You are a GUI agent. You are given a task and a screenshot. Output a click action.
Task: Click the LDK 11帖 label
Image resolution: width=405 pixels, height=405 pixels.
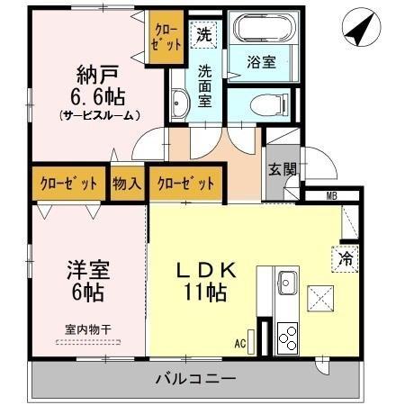[x=205, y=280]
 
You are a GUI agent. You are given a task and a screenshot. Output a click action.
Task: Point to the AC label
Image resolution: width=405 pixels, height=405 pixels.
[x=240, y=343]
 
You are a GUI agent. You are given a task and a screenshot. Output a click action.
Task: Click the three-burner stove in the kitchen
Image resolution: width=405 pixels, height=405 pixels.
[x=287, y=337]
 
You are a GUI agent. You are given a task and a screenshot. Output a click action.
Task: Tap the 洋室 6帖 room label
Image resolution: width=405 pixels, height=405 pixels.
[x=87, y=280]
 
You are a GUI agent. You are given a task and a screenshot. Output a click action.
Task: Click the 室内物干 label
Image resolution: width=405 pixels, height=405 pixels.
[x=88, y=330]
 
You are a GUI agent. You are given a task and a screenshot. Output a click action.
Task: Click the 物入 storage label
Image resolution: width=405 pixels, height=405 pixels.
[x=127, y=184]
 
